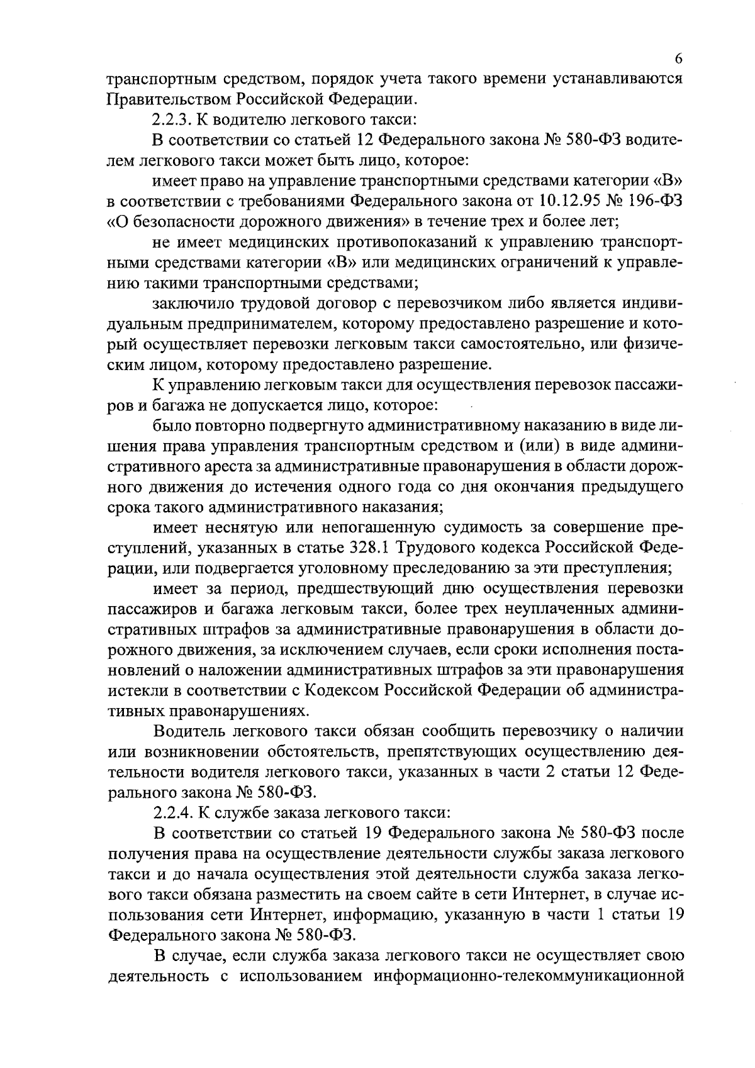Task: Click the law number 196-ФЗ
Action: (x=654, y=201)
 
